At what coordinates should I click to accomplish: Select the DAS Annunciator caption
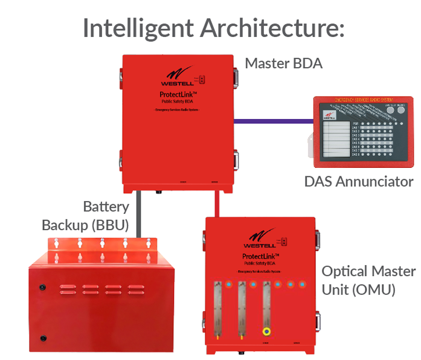tap(359, 181)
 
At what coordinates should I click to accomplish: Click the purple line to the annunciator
tap(275, 121)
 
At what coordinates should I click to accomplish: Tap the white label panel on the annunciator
tap(338, 140)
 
